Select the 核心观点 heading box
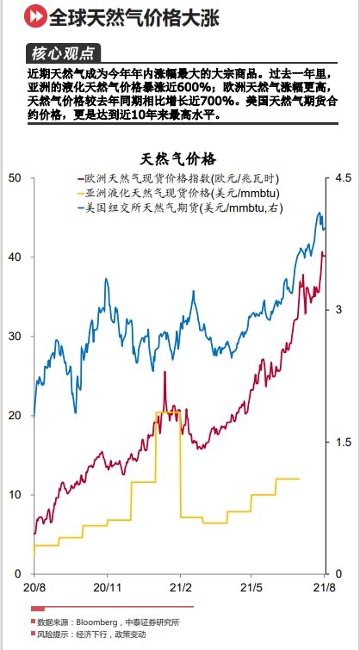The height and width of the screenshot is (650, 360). (x=64, y=53)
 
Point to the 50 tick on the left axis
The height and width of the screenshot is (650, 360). (x=13, y=177)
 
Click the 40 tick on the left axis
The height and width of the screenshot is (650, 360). (x=13, y=257)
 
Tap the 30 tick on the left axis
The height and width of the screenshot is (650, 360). (x=13, y=336)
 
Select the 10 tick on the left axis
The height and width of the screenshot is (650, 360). (x=13, y=494)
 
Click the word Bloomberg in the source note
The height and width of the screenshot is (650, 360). (x=97, y=622)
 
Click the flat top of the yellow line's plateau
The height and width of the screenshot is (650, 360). (x=167, y=413)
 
